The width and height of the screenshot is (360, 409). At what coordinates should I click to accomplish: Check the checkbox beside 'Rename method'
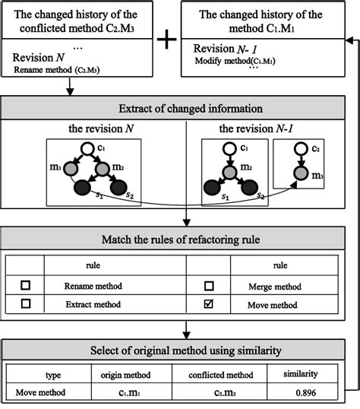point(26,286)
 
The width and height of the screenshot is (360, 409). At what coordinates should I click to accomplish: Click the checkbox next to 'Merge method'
point(209,286)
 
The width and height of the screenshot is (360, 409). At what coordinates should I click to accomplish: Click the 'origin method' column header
point(128,375)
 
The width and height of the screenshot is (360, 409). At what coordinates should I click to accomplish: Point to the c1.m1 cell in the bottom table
point(128,393)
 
